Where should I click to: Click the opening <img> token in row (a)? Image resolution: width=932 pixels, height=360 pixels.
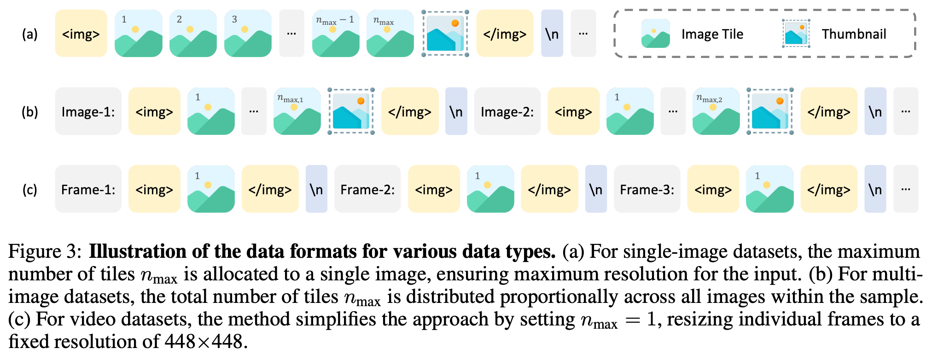pos(81,34)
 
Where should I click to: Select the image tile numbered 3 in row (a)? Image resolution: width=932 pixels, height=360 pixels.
pos(248,34)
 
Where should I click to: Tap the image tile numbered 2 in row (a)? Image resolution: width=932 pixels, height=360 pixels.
pos(193,34)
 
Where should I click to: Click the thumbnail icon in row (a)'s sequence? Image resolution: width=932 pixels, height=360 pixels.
pos(445,34)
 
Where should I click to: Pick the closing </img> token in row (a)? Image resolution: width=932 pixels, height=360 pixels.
pos(505,34)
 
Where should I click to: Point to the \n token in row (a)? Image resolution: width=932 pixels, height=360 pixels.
pos(552,34)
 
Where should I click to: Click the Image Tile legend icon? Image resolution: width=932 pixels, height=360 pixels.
pos(655,34)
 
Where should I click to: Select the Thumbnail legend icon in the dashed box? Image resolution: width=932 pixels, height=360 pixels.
pos(796,34)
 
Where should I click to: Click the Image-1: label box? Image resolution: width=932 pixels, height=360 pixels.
pos(88,111)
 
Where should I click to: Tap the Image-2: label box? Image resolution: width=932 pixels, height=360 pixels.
pos(507,111)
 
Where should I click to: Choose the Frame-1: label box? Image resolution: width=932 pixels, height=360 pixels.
pos(88,189)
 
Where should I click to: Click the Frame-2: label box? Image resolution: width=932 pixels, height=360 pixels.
pos(367,189)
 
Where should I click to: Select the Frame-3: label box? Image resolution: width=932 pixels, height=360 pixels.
pos(647,189)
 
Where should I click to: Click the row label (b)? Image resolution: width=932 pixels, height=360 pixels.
pos(30,112)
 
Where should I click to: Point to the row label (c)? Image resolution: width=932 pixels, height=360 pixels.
pos(30,190)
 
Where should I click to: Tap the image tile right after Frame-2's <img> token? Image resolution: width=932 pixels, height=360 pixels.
pos(490,189)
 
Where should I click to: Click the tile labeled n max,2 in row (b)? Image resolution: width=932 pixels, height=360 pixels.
pos(716,111)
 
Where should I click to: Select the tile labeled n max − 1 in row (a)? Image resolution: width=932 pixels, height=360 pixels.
pos(336,34)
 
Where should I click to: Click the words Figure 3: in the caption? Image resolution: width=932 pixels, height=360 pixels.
pos(45,252)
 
